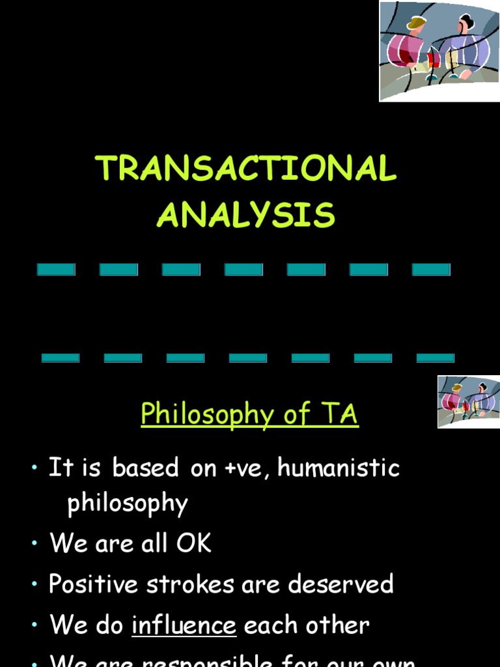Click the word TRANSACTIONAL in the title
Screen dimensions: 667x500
246,169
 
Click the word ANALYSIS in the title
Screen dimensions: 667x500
246,215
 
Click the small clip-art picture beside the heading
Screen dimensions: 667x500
468,401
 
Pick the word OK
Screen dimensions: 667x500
193,543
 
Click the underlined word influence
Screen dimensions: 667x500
184,625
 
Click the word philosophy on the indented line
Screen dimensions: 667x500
128,504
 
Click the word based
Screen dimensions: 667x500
145,468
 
